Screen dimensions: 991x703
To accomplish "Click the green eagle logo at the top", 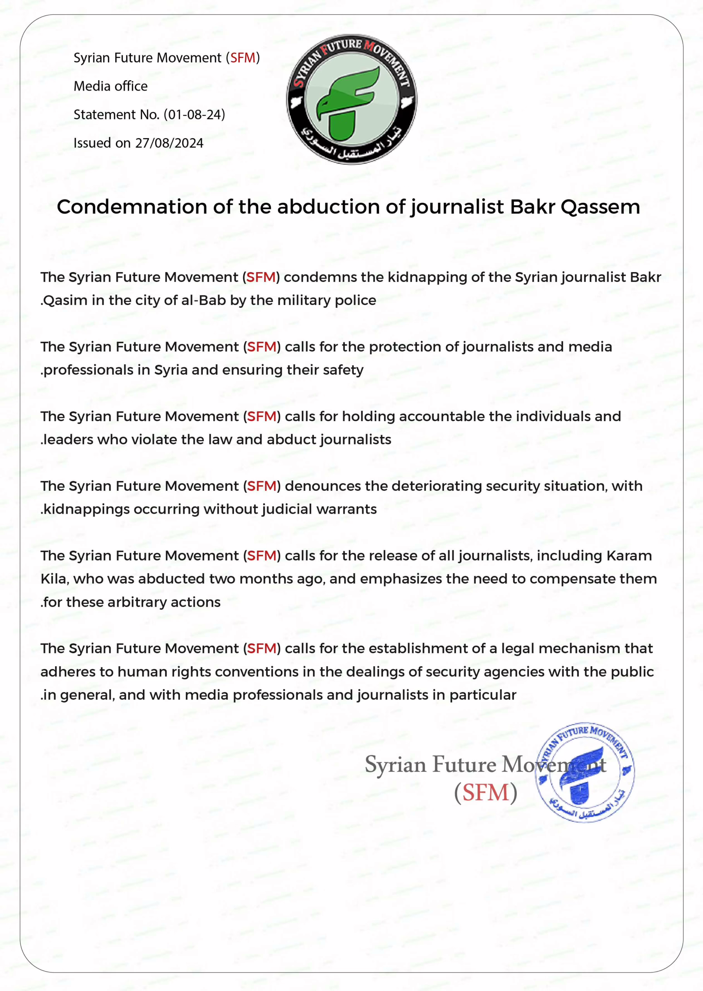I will point(351,99).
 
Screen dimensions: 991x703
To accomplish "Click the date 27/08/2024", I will point(169,143).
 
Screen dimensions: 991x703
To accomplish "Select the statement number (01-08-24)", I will point(194,115).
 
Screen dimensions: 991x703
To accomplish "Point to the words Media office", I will point(110,86).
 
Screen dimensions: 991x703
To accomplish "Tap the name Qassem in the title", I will point(600,207).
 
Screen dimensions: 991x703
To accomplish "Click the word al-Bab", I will point(204,300).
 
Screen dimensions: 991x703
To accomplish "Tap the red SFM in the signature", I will point(485,792).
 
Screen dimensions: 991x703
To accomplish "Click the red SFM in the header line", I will point(242,58).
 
